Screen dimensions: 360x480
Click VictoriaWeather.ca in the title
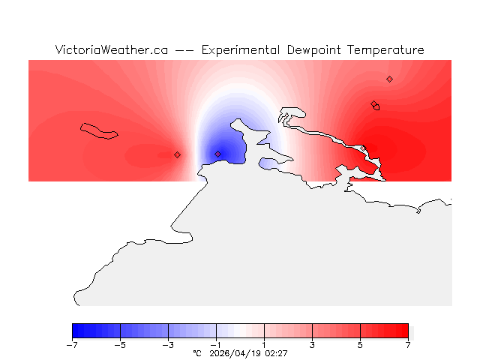(110, 50)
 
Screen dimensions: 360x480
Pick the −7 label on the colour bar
(72, 345)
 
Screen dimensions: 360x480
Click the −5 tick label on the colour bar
(120, 345)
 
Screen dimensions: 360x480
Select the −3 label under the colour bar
(168, 345)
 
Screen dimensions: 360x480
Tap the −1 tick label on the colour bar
(216, 345)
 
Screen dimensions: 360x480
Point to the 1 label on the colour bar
(264, 345)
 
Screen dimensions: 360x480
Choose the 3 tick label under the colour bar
(312, 345)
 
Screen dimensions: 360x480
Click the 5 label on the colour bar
(360, 345)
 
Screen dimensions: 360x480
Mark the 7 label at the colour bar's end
(408, 345)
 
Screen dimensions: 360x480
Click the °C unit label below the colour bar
(197, 352)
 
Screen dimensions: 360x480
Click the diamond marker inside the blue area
(218, 154)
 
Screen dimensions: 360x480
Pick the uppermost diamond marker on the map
(389, 79)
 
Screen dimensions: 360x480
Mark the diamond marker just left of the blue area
(177, 154)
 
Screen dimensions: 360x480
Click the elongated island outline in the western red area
(100, 131)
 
